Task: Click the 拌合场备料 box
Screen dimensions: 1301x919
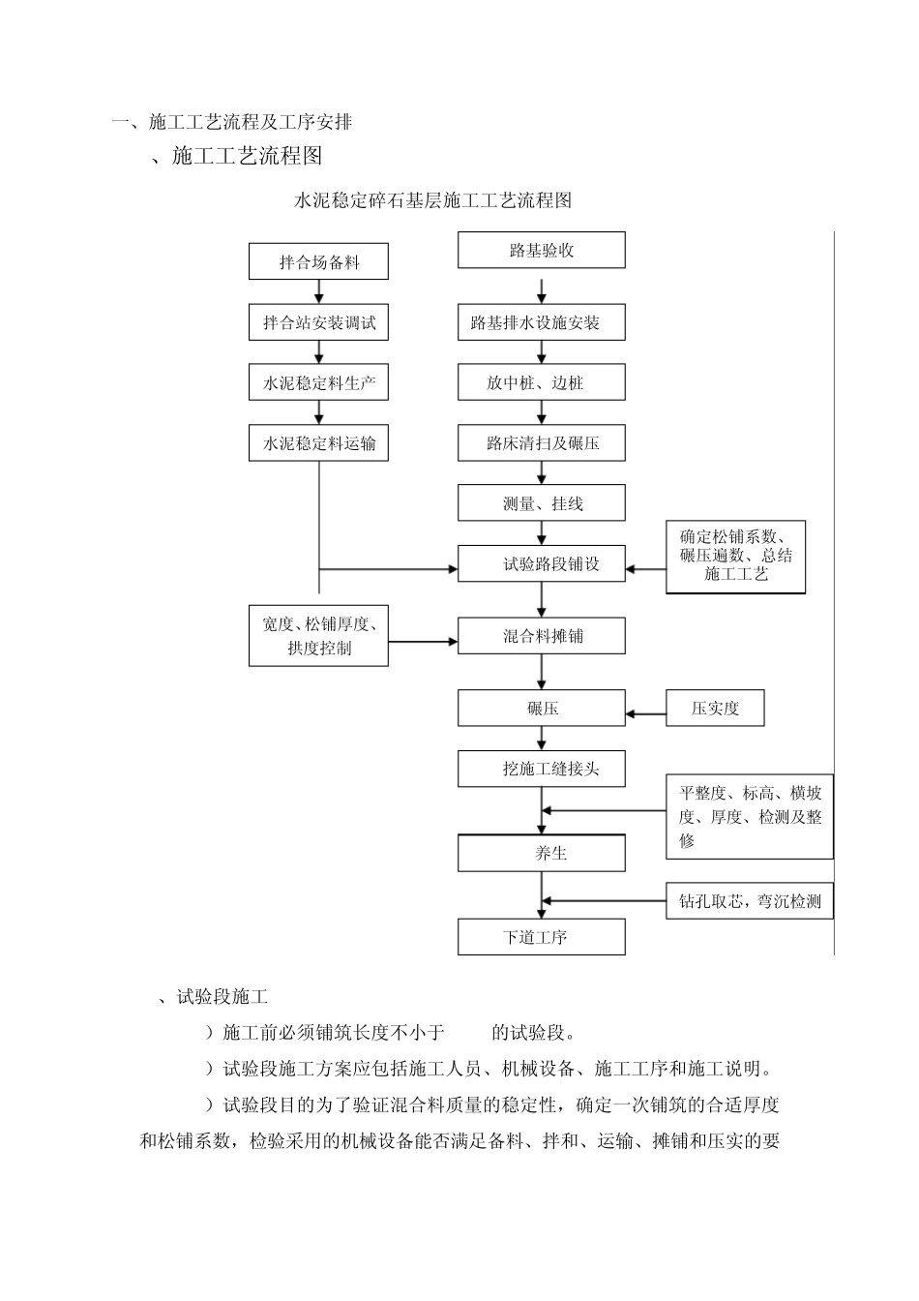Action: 318,262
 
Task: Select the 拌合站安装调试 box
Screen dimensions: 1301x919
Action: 318,322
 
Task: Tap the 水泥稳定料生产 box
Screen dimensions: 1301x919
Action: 318,383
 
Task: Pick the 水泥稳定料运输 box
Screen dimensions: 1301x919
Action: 318,443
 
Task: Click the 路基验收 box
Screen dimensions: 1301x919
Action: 541,251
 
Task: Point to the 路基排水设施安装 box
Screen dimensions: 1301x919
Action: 541,322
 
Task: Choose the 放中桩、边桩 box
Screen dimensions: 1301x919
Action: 541,383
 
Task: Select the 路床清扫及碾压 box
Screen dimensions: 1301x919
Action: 541,443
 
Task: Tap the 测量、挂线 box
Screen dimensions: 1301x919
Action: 541,503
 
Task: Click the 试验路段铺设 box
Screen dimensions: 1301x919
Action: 541,563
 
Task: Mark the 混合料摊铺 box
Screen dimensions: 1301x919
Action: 541,636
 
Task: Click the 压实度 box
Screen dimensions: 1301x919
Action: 715,709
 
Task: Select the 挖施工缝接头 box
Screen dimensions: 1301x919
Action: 541,769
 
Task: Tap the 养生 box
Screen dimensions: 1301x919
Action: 541,853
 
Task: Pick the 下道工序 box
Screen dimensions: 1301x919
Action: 541,937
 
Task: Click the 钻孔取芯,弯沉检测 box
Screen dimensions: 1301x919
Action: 749,901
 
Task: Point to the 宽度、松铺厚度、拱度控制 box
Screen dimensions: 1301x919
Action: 318,636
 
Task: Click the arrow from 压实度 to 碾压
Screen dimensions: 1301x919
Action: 645,715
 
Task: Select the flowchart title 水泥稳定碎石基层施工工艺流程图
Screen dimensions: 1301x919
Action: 432,200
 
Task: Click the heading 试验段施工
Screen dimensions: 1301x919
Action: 222,997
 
